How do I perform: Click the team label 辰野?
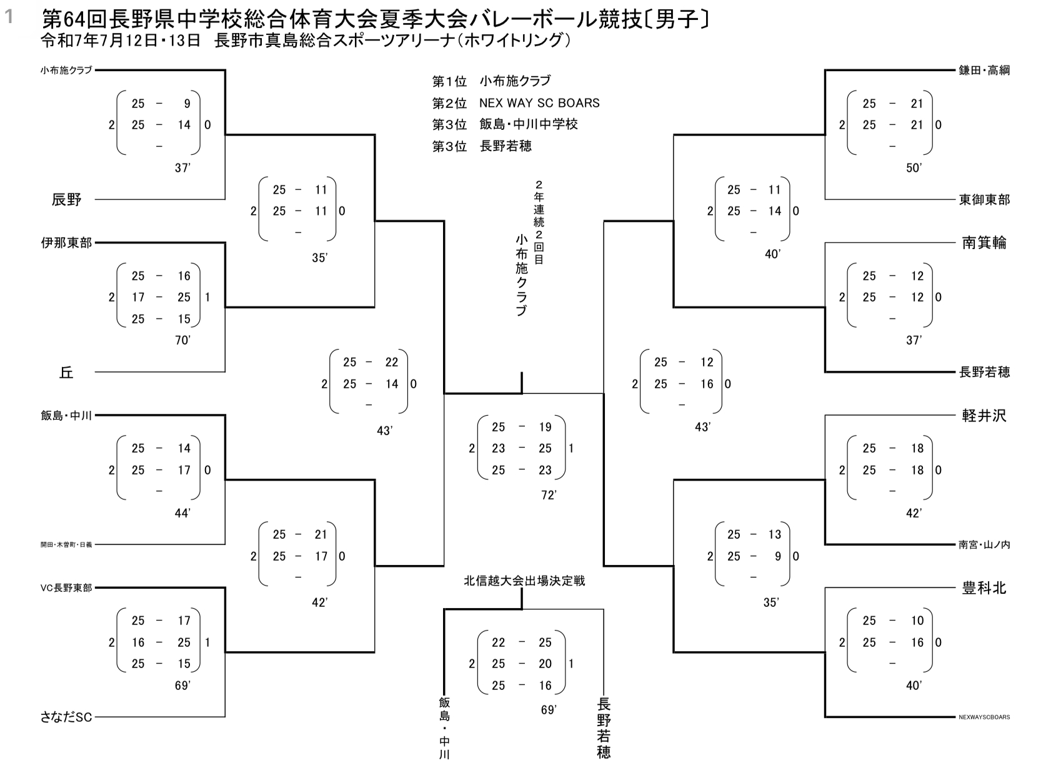(x=66, y=200)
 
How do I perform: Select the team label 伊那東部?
(x=66, y=243)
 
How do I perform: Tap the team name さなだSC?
(x=66, y=717)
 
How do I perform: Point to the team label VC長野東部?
(x=66, y=588)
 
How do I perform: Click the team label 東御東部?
(x=984, y=200)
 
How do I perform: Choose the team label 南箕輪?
(x=984, y=243)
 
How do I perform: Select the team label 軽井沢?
(x=984, y=416)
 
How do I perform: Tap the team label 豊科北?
(x=984, y=588)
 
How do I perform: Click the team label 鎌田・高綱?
(x=984, y=71)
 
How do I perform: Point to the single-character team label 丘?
(x=66, y=373)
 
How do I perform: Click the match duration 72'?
(x=549, y=495)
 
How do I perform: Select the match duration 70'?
(x=182, y=340)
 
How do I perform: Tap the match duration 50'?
(x=914, y=168)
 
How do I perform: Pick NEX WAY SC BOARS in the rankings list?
(x=539, y=103)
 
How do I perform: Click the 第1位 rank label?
(x=449, y=81)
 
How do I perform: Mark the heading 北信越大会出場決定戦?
(x=524, y=581)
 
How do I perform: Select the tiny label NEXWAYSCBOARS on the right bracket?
(x=984, y=717)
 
